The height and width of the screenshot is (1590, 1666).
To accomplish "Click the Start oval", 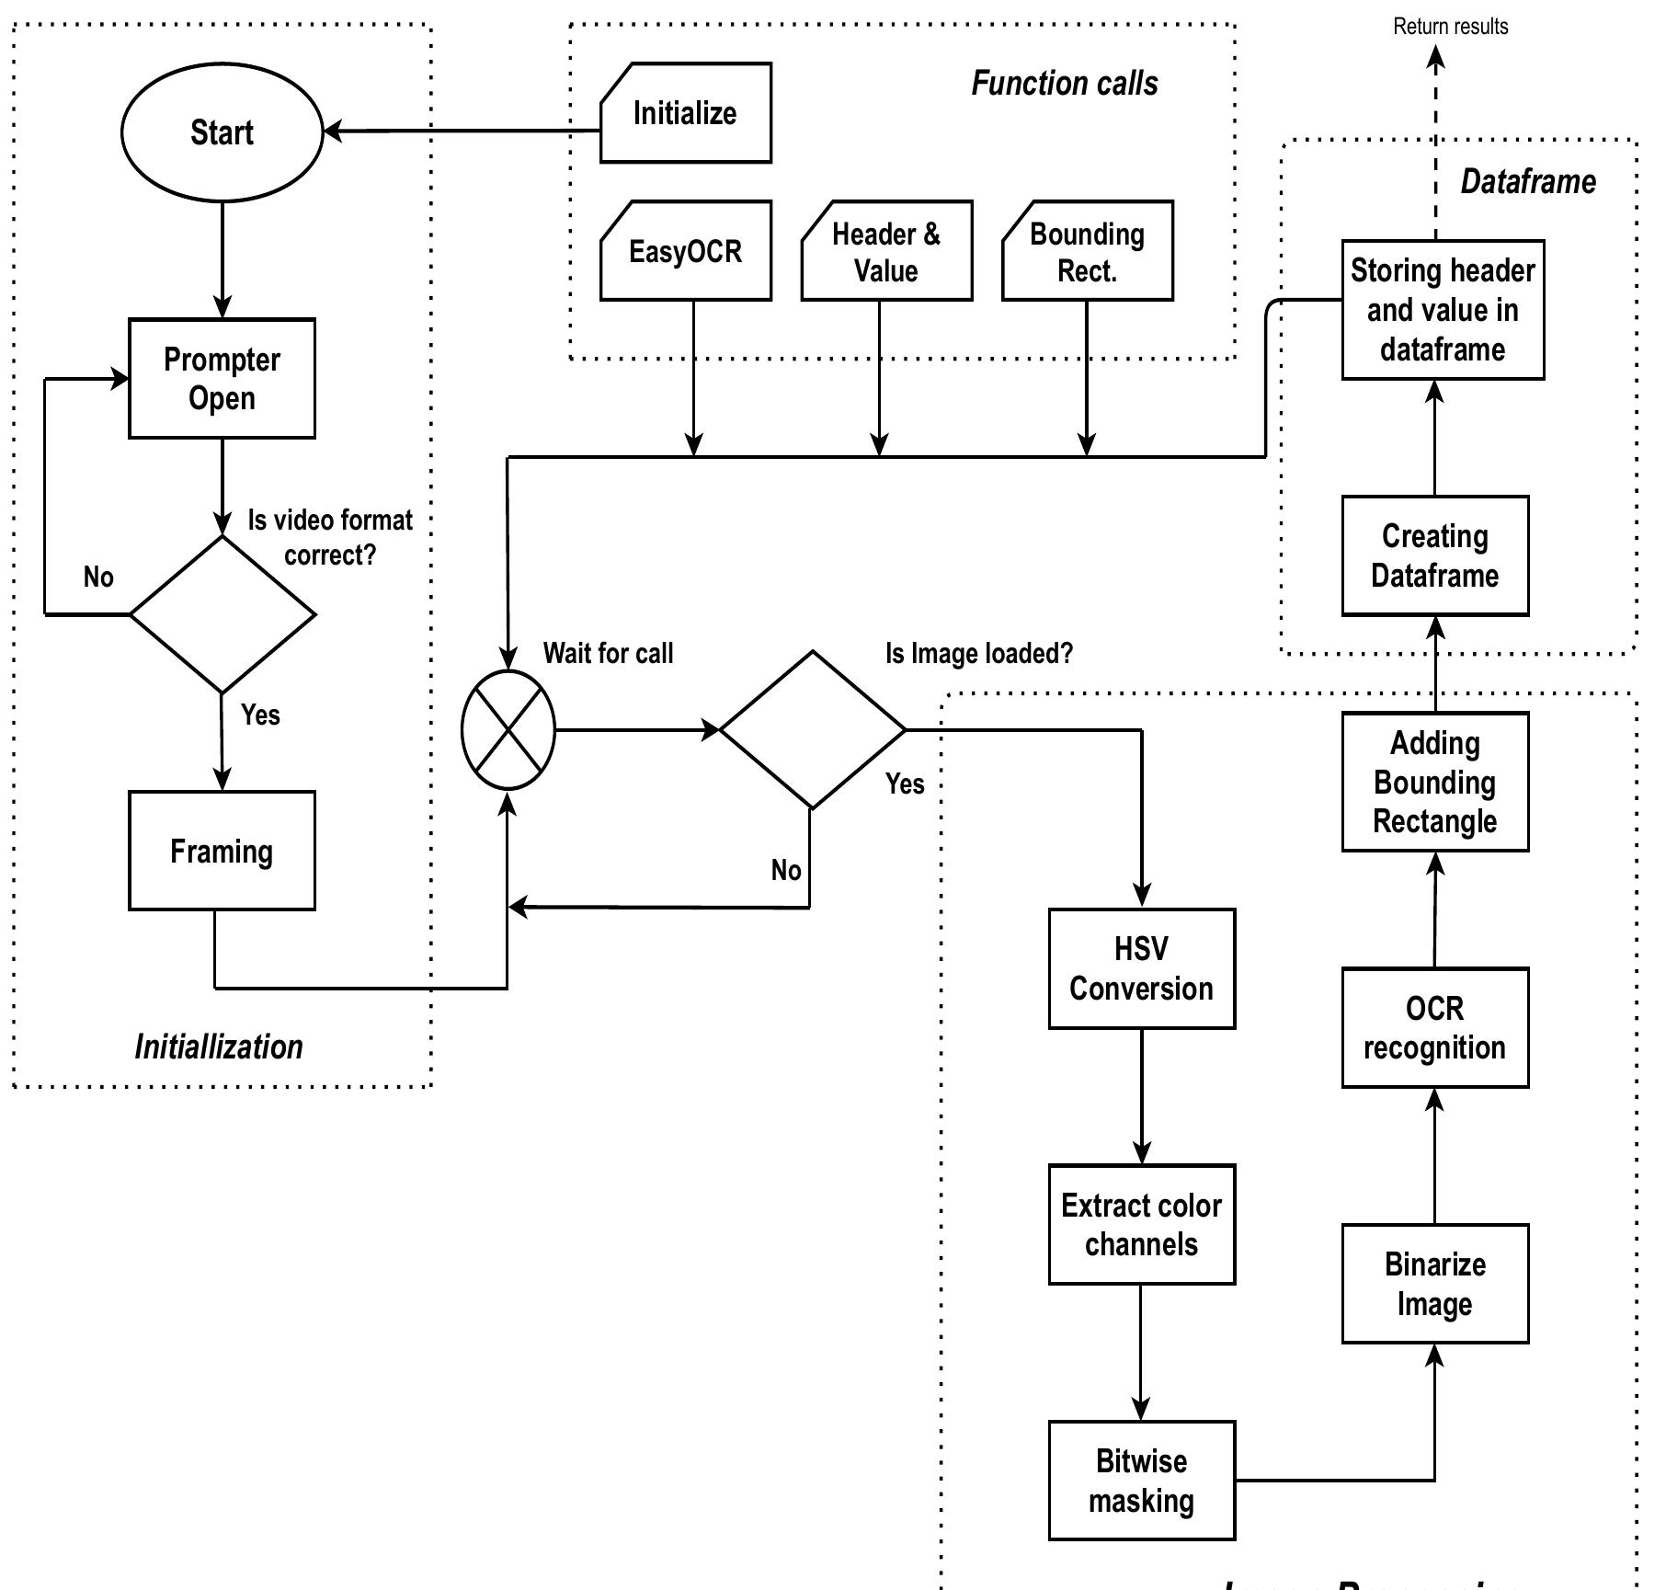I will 222,132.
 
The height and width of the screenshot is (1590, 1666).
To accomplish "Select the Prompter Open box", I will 222,379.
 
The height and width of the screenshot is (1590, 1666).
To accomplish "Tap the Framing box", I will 222,851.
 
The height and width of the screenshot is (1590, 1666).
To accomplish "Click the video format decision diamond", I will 223,614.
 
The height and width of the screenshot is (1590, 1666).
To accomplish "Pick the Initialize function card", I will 686,113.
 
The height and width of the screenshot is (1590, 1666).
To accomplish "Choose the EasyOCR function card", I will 686,251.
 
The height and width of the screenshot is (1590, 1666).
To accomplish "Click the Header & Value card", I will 886,251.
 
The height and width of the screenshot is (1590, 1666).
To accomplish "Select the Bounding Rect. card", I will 1088,251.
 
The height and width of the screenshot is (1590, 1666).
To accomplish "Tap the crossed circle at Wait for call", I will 508,730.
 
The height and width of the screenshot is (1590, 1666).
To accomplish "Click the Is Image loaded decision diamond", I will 813,730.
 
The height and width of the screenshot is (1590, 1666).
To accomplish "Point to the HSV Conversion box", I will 1142,968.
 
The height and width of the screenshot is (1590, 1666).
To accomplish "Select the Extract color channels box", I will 1142,1224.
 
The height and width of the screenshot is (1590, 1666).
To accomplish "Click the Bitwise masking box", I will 1142,1481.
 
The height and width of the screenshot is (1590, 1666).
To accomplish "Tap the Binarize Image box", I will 1435,1284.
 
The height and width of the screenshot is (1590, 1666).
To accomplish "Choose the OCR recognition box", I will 1435,1028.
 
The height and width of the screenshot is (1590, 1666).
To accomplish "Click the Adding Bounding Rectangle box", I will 1435,782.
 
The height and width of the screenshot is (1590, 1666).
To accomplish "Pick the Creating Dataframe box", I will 1435,555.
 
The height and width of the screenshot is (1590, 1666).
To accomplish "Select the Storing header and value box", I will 1443,310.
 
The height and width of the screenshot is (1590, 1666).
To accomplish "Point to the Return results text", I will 1451,27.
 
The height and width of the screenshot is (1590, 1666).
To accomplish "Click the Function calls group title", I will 1065,84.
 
